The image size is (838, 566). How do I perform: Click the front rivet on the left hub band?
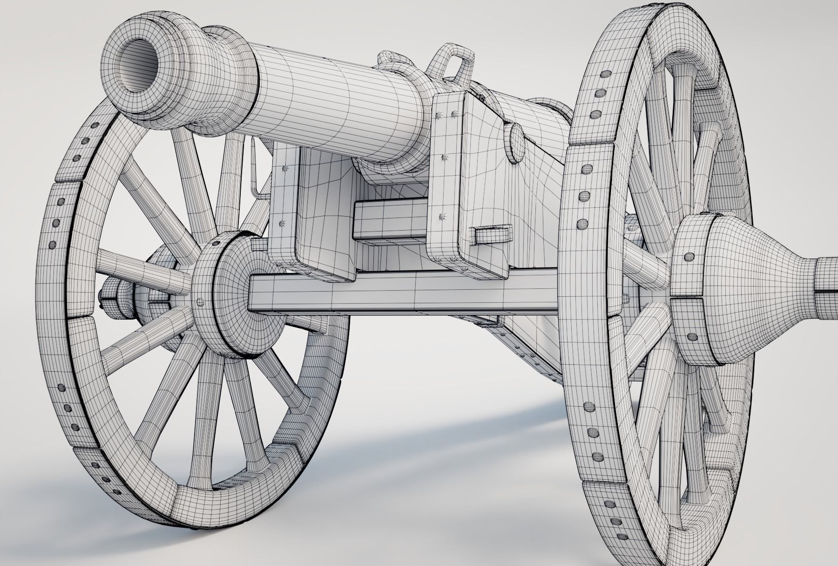[201, 300]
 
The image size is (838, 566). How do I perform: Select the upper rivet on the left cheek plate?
[285, 168]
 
